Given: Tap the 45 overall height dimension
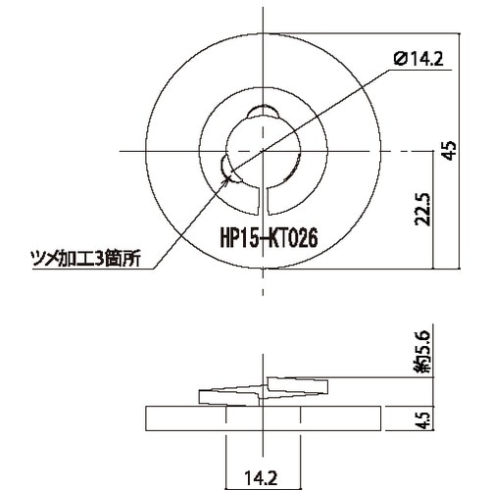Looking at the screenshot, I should [450, 149].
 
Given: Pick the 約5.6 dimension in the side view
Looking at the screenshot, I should [422, 354].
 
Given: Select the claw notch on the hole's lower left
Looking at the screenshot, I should [227, 169].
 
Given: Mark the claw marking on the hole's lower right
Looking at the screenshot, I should [293, 170].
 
